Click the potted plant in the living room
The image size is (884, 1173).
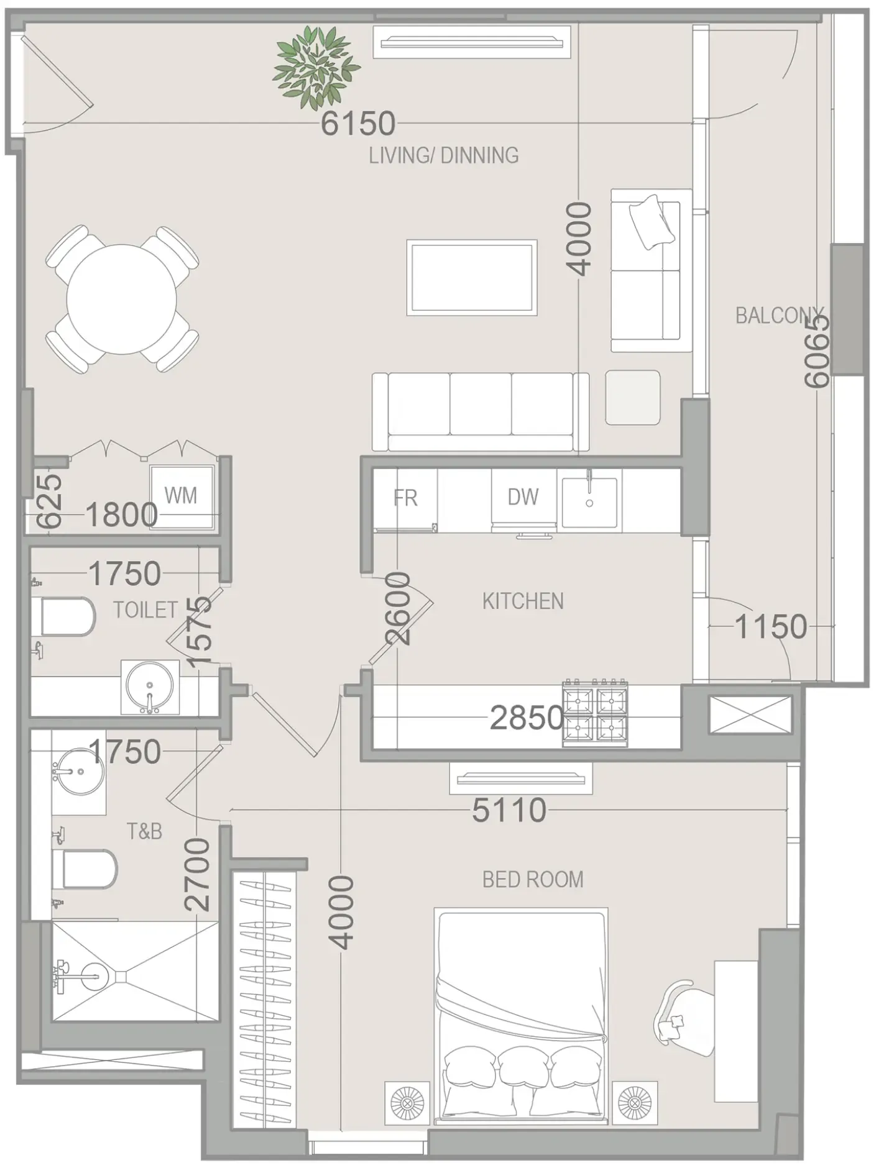coord(316,68)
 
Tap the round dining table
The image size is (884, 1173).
coord(121,299)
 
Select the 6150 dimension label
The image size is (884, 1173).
coord(358,124)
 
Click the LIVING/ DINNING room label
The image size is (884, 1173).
coord(443,155)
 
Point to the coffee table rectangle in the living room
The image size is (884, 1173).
coord(472,278)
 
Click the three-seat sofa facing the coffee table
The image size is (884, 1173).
coord(480,412)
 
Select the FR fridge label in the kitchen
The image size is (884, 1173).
coord(405,498)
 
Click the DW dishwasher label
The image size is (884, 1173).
coord(523,497)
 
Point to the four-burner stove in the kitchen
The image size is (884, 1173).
coord(595,714)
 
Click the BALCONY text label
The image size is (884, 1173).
coord(779,316)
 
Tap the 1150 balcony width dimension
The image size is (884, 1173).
coord(771,626)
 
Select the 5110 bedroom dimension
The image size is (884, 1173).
coord(509,810)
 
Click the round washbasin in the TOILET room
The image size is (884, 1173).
coord(149,687)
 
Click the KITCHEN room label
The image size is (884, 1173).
coord(523,601)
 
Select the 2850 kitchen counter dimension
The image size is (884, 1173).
coord(527,718)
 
